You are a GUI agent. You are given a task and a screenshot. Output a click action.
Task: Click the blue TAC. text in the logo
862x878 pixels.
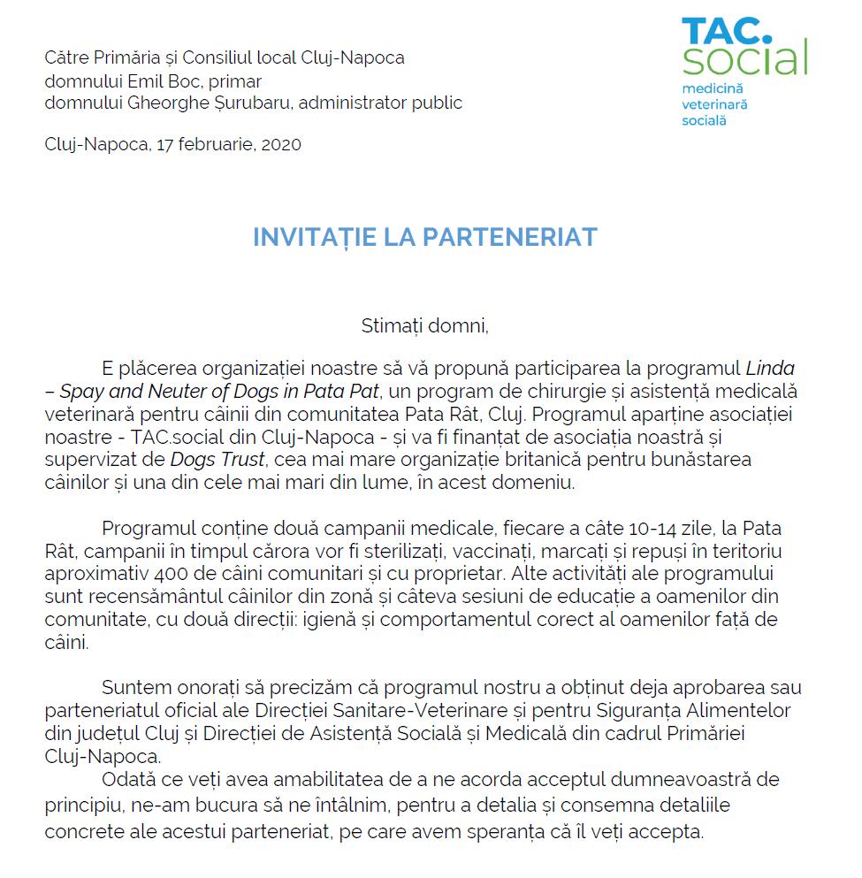pyautogui.click(x=727, y=29)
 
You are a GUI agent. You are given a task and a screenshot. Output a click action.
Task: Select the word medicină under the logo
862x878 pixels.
pyautogui.click(x=713, y=89)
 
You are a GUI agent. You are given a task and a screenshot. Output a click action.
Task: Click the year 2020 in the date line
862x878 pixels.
pyautogui.click(x=281, y=144)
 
